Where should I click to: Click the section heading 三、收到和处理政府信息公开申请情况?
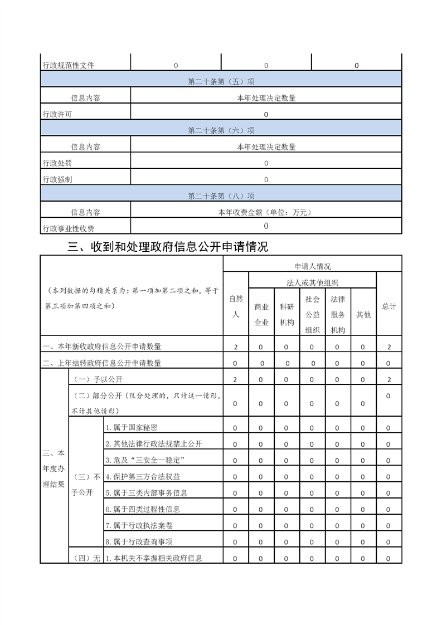click(168, 247)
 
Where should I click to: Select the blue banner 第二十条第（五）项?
click(221, 82)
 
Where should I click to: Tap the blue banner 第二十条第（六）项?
click(221, 131)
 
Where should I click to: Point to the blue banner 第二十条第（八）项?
click(221, 196)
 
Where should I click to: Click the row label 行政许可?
click(57, 114)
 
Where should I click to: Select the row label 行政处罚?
click(57, 163)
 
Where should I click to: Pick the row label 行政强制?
click(57, 179)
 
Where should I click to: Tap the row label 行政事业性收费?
click(69, 228)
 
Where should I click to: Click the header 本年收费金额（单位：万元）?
click(266, 212)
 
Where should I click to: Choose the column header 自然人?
click(236, 307)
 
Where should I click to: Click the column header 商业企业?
click(261, 315)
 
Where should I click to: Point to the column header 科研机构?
click(287, 315)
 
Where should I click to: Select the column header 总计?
click(389, 307)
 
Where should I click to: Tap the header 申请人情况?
click(313, 266)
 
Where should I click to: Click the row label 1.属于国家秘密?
click(132, 428)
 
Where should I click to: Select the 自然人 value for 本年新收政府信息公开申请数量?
click(236, 347)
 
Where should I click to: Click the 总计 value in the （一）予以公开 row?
click(389, 380)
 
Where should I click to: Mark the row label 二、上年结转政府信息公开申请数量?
click(102, 363)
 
